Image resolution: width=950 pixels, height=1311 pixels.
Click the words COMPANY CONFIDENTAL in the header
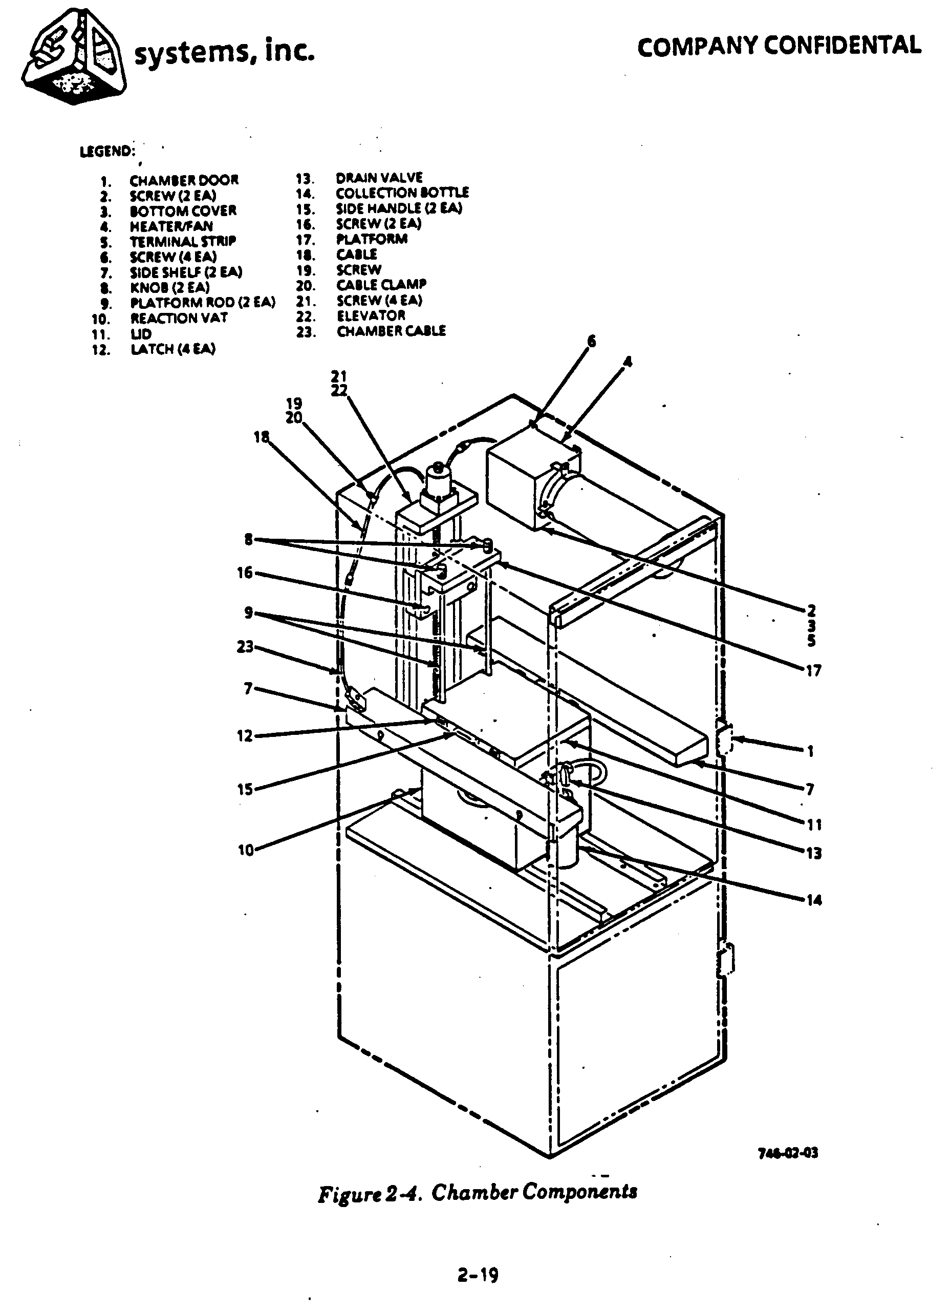[x=779, y=46]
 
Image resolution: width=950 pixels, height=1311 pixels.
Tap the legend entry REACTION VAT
[x=179, y=318]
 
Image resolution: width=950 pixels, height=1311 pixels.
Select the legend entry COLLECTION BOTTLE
[x=402, y=193]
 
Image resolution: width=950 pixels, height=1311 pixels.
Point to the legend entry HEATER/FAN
[x=170, y=226]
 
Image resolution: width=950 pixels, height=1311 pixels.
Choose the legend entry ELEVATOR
[x=371, y=315]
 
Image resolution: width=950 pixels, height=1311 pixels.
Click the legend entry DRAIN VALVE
[x=379, y=178]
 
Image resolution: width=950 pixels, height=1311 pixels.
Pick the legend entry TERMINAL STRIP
[x=183, y=241]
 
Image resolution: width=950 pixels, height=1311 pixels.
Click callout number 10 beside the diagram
[x=246, y=850]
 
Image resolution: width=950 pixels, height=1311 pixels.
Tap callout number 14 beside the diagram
[x=814, y=900]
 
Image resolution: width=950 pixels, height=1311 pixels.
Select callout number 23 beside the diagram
[x=246, y=647]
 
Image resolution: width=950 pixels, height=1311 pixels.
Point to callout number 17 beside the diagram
[x=814, y=670]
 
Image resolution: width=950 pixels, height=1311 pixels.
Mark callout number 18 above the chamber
[x=261, y=437]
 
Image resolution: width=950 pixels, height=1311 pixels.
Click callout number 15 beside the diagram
[x=246, y=789]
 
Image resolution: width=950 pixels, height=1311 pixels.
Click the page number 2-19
[x=478, y=1275]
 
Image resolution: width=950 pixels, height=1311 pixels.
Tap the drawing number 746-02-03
[x=788, y=1153]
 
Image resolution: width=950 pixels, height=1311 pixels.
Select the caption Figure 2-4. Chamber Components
[x=478, y=1192]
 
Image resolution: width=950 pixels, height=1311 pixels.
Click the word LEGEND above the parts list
[x=107, y=152]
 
